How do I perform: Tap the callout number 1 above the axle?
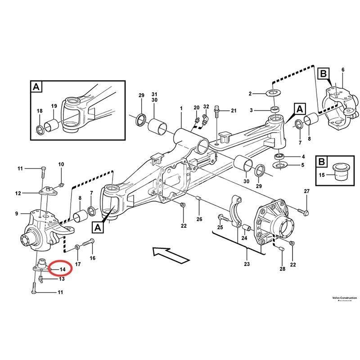[181, 108]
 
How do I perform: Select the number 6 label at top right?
[342, 70]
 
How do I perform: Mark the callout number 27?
[307, 192]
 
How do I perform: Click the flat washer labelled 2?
[273, 93]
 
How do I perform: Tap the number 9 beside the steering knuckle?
[16, 213]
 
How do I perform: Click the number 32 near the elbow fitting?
[206, 107]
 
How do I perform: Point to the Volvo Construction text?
[344, 298]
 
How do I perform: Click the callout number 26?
[199, 219]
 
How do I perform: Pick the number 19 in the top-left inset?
[54, 106]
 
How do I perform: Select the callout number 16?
[93, 258]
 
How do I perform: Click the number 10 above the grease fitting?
[61, 164]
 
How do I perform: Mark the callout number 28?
[282, 269]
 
